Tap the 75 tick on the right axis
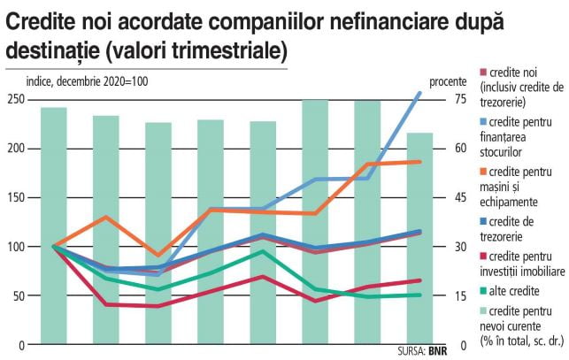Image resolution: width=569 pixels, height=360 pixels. pos(460,99)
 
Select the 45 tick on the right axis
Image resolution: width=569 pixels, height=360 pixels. pos(460,196)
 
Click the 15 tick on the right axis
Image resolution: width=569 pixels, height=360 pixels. pos(460,295)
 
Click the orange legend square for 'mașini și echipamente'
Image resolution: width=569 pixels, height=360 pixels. pos(483,171)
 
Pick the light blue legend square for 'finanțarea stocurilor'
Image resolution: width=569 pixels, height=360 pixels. pos(483,120)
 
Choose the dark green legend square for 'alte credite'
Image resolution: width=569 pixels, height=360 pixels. pos(483,289)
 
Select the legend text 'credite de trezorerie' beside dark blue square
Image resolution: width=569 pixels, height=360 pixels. pos(517,228)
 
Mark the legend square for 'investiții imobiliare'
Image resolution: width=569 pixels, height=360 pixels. pos(483,256)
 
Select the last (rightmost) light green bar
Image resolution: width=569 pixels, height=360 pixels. pos(419,239)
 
